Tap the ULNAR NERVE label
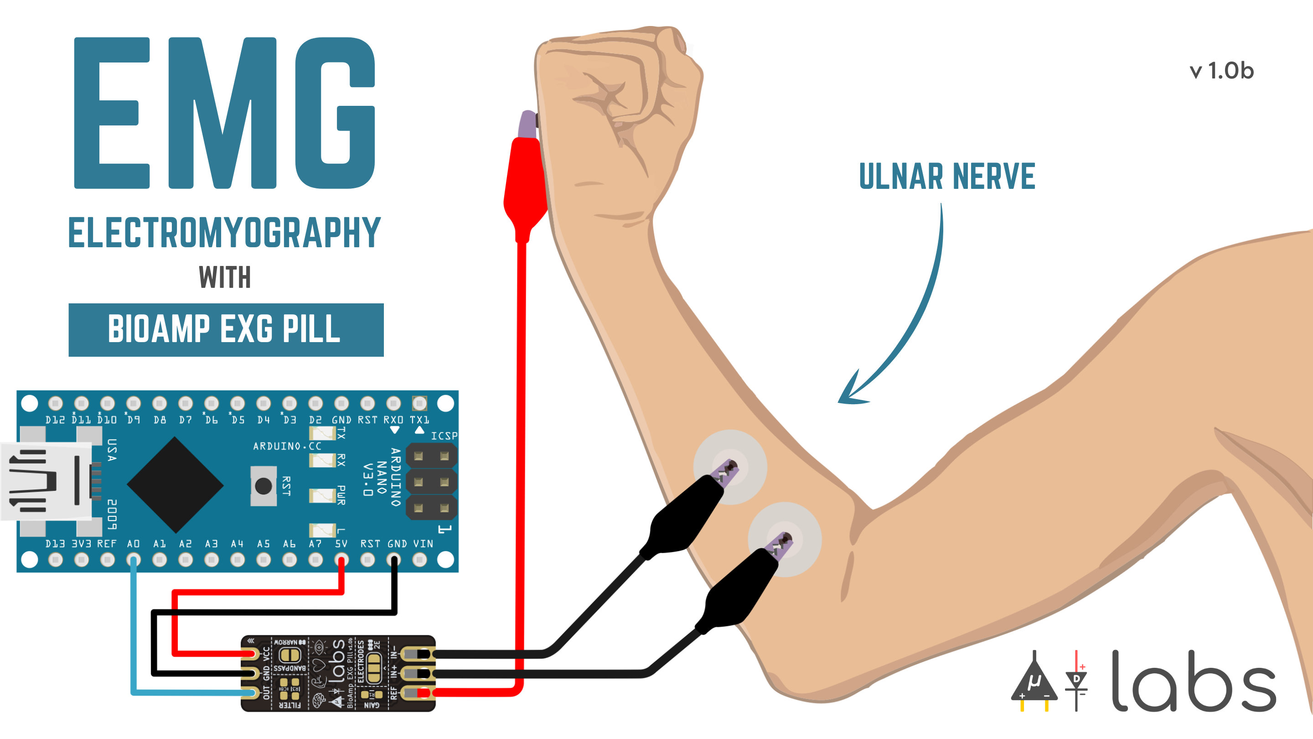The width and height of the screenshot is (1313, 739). click(946, 177)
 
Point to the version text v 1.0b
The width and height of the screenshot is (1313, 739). click(1221, 71)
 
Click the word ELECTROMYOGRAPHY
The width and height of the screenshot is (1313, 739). click(224, 233)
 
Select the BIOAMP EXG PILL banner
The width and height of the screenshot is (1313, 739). click(226, 329)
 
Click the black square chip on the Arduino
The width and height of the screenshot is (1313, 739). click(175, 484)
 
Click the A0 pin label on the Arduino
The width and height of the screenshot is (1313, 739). click(133, 544)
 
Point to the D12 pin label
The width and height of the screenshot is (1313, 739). click(55, 420)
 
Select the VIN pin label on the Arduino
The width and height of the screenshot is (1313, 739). click(423, 544)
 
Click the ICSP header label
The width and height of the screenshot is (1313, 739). click(444, 436)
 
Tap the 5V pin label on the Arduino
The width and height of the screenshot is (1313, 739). click(341, 544)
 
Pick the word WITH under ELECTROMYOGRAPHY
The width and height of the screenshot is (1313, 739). click(225, 277)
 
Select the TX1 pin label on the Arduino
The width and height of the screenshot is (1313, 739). click(419, 420)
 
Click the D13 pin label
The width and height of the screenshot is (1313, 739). click(55, 544)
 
